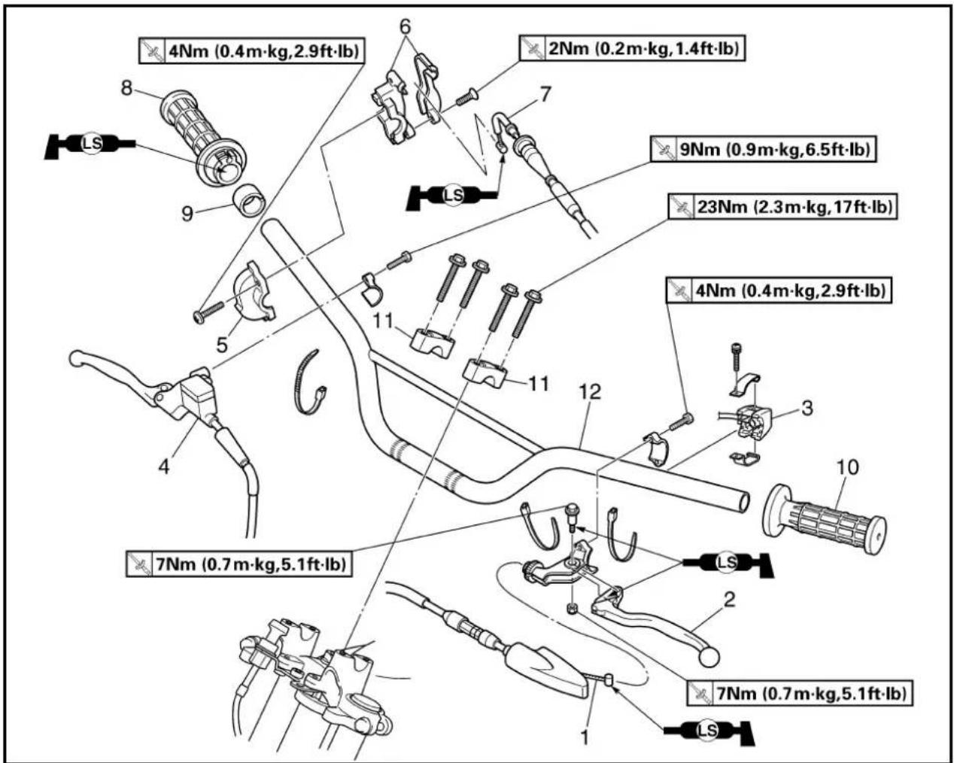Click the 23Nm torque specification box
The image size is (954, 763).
click(783, 206)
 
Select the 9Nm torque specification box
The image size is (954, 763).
click(764, 150)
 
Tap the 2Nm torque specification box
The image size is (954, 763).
click(632, 48)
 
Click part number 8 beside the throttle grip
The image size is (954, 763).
click(127, 88)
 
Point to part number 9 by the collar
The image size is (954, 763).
click(187, 214)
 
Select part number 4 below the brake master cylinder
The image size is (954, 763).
click(164, 467)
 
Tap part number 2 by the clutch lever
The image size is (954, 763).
click(729, 600)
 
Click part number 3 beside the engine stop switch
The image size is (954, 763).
click(807, 409)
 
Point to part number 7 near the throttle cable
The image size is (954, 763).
click(545, 94)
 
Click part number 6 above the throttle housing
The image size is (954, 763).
click(405, 26)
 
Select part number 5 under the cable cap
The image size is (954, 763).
click(222, 345)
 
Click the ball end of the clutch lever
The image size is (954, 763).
click(709, 657)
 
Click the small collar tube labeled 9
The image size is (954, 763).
click(250, 201)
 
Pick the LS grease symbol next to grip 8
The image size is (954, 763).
click(91, 144)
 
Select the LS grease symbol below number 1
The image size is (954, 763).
click(709, 731)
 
